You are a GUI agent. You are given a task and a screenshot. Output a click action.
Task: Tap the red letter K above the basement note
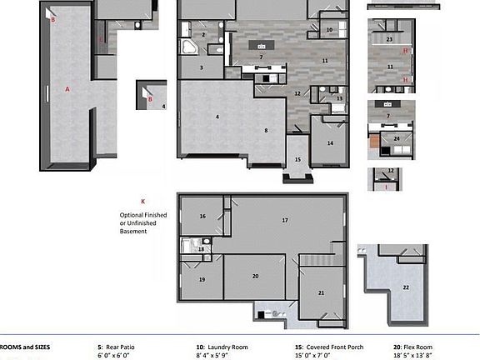[142, 201]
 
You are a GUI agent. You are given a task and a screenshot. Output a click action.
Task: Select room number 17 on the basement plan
[285, 220]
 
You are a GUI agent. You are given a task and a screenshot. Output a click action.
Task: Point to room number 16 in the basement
[202, 216]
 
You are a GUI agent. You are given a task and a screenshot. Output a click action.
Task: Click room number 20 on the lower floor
[255, 276]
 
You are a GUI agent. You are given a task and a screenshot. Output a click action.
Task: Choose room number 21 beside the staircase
[321, 292]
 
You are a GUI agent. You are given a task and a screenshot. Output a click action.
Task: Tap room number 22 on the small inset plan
[406, 287]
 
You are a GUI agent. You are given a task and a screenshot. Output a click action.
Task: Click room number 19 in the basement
[202, 279]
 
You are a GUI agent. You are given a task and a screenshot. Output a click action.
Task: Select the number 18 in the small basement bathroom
[202, 249]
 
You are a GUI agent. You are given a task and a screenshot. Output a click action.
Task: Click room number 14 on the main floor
[330, 143]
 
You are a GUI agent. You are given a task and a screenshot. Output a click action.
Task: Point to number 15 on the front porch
[297, 160]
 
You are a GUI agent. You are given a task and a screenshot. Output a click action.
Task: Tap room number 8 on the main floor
[266, 130]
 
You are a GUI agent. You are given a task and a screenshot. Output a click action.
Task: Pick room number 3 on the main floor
[201, 67]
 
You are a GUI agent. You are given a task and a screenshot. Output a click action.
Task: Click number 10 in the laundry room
[329, 30]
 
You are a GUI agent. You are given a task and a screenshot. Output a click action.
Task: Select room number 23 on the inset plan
[389, 39]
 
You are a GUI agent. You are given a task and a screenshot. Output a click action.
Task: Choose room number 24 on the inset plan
[397, 138]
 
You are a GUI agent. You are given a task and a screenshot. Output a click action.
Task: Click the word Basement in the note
[134, 231]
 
